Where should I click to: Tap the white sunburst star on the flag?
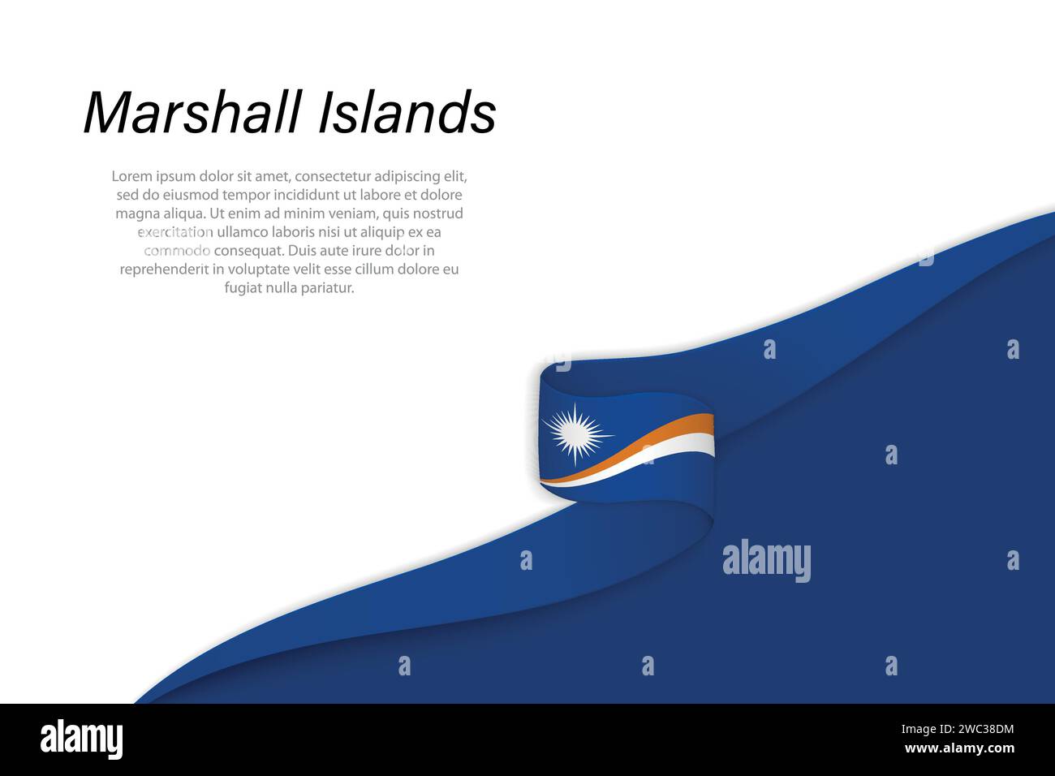[575, 433]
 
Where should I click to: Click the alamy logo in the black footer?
[81, 739]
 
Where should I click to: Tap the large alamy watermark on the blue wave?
[766, 561]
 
